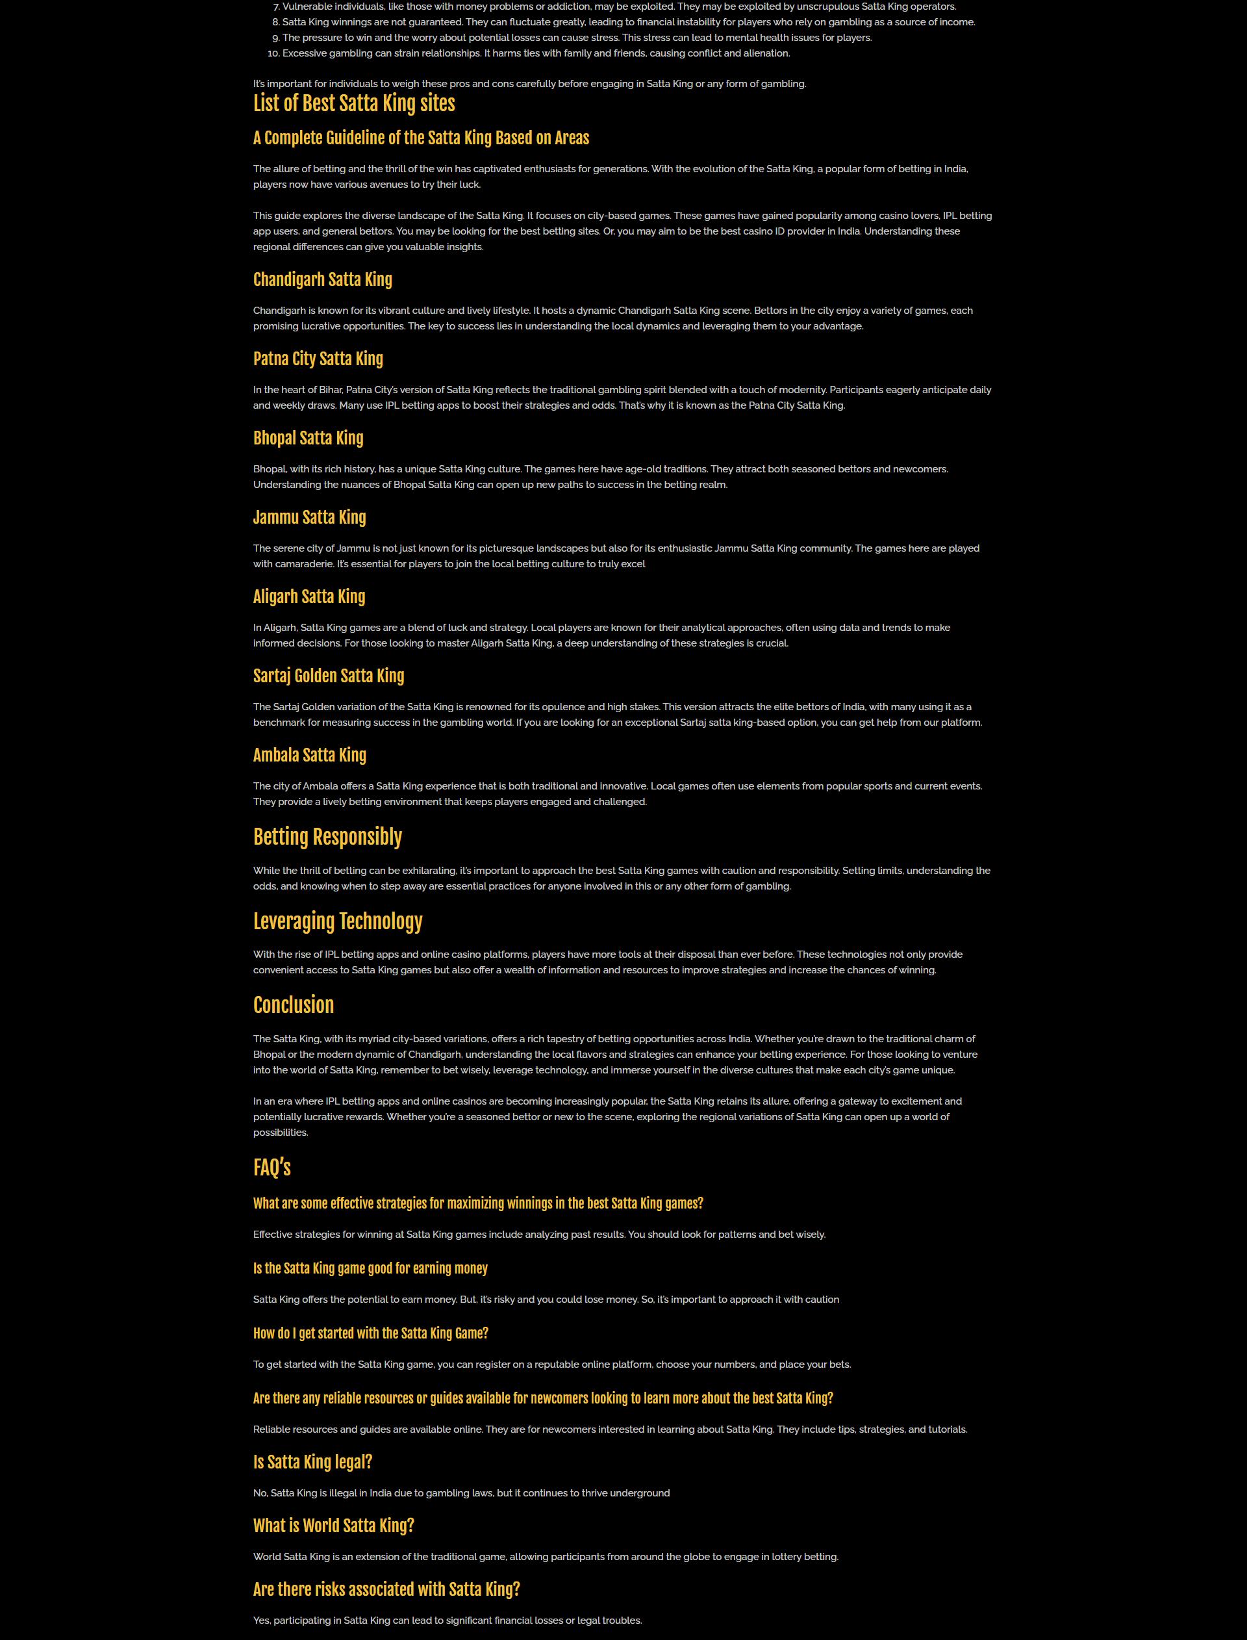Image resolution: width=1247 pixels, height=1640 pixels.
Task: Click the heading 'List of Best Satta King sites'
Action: click(x=354, y=103)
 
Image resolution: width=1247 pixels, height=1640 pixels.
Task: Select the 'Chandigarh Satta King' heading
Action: click(x=322, y=280)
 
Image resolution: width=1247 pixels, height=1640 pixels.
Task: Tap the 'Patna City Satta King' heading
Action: click(x=318, y=359)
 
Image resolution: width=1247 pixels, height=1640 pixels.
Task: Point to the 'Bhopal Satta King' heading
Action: click(x=308, y=438)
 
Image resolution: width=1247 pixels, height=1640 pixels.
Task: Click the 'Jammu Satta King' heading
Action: click(x=310, y=517)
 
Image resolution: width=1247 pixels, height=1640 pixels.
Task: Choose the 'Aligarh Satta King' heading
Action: click(x=309, y=597)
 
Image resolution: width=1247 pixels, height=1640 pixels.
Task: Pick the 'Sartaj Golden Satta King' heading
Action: click(x=328, y=676)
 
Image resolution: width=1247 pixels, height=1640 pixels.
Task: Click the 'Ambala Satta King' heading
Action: click(x=310, y=755)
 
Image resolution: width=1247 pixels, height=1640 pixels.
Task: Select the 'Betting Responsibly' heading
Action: click(x=327, y=837)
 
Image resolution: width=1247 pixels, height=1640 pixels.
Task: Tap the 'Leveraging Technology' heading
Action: click(x=338, y=921)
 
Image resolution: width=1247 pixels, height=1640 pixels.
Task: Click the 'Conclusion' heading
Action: click(x=293, y=1005)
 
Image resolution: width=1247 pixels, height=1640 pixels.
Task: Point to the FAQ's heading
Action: click(x=271, y=1168)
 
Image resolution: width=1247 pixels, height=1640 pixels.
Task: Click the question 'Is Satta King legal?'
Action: click(x=312, y=1462)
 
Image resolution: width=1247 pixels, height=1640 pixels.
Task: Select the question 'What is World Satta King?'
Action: click(x=333, y=1526)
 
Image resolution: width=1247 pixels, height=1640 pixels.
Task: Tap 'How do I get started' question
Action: click(x=370, y=1333)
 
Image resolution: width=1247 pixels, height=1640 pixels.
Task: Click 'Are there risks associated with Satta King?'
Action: click(x=386, y=1589)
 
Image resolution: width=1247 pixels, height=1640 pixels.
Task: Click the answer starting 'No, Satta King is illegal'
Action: click(x=461, y=1493)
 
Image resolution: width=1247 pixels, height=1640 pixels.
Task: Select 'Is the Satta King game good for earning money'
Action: click(x=370, y=1268)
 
